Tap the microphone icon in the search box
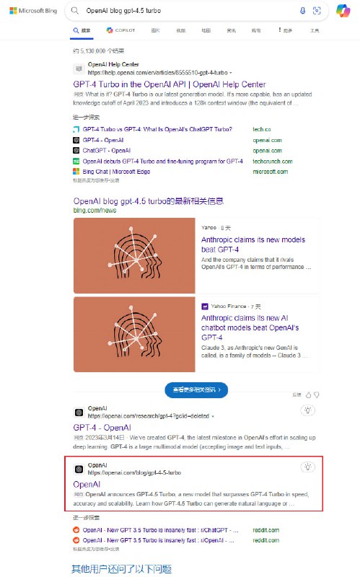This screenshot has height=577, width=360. coord(302,11)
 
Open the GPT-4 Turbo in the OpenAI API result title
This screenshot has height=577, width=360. coord(174,84)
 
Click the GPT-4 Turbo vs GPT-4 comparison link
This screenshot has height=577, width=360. coord(157,129)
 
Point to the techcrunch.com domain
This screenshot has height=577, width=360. coord(271,161)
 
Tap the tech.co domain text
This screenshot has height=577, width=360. coord(260,129)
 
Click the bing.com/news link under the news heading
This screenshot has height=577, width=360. coord(94,210)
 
